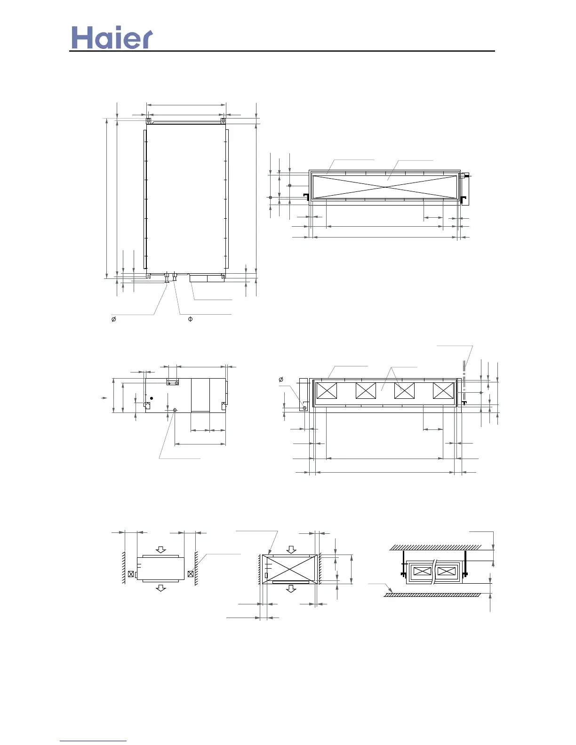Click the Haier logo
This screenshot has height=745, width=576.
tap(112, 38)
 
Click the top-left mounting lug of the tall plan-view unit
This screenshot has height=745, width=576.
tap(148, 121)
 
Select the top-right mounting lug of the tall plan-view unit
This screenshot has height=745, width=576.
tap(223, 121)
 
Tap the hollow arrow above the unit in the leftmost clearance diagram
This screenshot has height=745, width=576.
tap(161, 550)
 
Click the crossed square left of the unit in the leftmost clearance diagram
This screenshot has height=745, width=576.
tap(131, 574)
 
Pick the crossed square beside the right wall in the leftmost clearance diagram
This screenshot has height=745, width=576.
tap(190, 574)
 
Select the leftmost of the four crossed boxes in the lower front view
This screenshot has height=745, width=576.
tap(327, 391)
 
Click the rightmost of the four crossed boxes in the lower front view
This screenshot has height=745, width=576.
tap(443, 391)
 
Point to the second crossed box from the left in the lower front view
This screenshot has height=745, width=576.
tap(366, 391)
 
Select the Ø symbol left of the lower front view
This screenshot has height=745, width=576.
tap(281, 380)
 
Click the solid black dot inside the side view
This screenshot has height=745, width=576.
tap(152, 398)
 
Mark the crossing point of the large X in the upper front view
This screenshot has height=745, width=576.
tap(385, 187)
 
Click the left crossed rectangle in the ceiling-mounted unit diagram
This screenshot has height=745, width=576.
tap(422, 571)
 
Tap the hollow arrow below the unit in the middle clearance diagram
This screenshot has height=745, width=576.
tap(292, 588)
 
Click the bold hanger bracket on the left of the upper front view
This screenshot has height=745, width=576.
tap(306, 197)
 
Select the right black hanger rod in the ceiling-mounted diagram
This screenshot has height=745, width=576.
tap(464, 563)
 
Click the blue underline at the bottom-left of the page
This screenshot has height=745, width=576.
tap(93, 741)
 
